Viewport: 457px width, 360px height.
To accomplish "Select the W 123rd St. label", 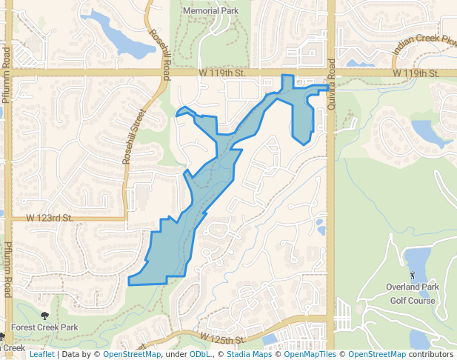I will pyautogui.click(x=49, y=219).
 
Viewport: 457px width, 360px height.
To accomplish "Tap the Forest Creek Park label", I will pyautogui.click(x=49, y=327).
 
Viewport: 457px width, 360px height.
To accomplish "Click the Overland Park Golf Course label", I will pyautogui.click(x=413, y=294).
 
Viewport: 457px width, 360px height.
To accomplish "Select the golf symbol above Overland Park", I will pyautogui.click(x=413, y=275).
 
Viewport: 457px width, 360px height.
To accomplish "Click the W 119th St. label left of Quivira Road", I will pyautogui.click(x=222, y=73).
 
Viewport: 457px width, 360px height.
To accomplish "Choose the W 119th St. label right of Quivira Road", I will pyautogui.click(x=416, y=73).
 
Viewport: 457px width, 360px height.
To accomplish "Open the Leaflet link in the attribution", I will pyautogui.click(x=41, y=355).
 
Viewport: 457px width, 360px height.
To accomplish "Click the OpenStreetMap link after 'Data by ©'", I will pyautogui.click(x=132, y=355).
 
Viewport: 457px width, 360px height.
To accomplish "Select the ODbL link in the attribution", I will pyautogui.click(x=200, y=355).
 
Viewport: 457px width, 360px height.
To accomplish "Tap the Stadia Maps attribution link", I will pyautogui.click(x=249, y=355).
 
